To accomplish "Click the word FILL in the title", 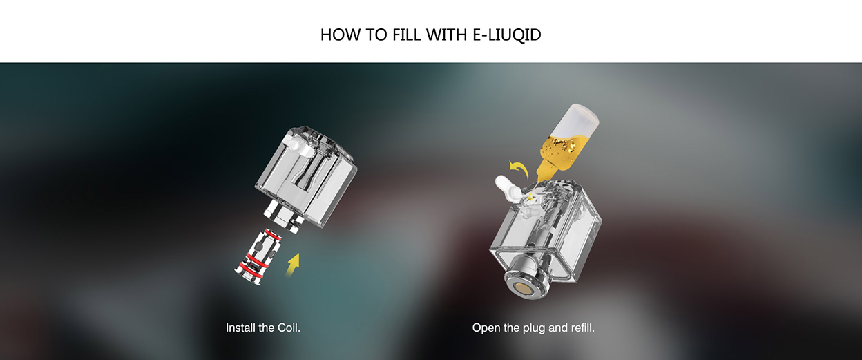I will pyautogui.click(x=404, y=35).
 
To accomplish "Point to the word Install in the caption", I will pyautogui.click(x=241, y=328).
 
